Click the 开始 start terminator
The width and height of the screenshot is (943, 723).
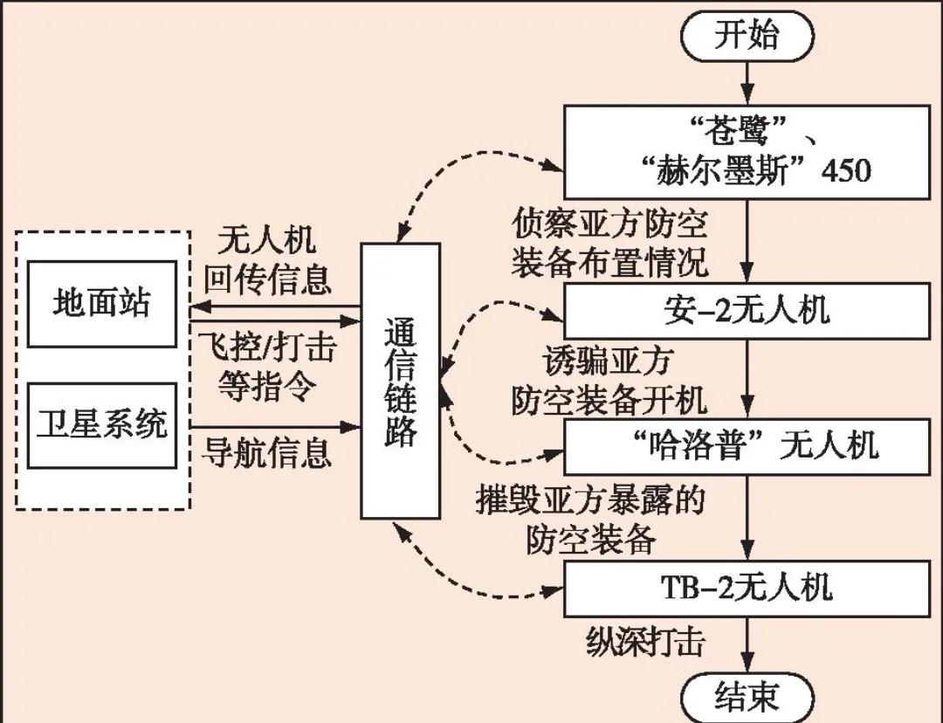coord(747,37)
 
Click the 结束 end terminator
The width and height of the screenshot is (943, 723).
coord(747,698)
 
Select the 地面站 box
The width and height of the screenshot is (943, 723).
coord(102,304)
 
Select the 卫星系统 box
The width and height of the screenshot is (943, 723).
coord(102,424)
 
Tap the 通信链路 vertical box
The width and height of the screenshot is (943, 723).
coord(400,381)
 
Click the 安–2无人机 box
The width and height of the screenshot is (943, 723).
coord(747,312)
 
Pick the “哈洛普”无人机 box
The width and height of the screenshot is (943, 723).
coord(747,446)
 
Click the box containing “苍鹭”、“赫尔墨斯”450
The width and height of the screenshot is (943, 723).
coord(747,152)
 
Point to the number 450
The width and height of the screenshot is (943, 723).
coord(846,169)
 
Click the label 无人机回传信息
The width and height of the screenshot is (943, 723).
coord(268,260)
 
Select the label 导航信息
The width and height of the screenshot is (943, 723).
coord(268,452)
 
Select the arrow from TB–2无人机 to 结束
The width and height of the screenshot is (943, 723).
coord(747,647)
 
